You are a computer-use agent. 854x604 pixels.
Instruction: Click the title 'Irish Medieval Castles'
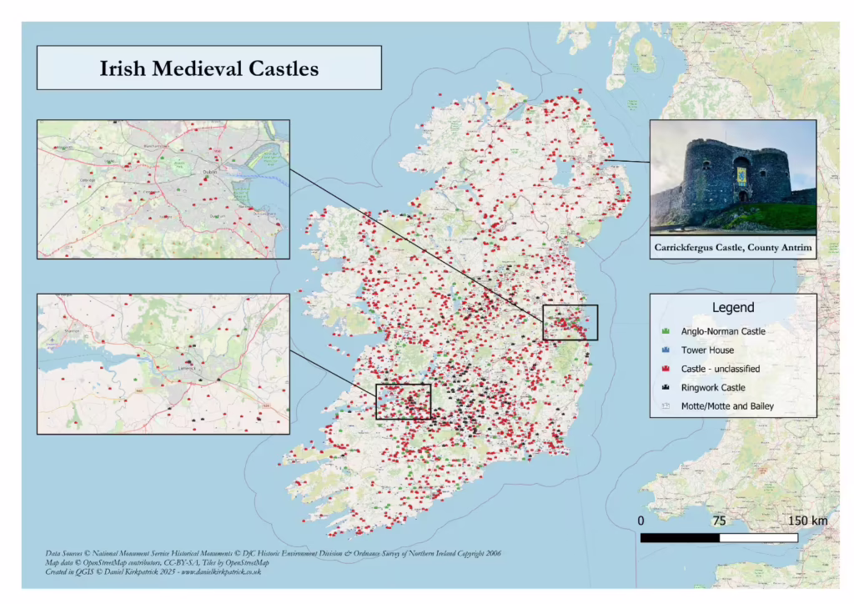(208, 68)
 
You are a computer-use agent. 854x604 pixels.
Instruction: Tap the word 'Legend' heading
(732, 307)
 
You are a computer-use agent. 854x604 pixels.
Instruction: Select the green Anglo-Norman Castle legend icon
(665, 331)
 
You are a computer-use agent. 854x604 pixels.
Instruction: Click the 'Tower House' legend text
(707, 350)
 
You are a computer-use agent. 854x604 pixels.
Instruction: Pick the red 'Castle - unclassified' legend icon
(665, 369)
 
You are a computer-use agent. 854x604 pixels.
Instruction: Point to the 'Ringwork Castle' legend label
(713, 387)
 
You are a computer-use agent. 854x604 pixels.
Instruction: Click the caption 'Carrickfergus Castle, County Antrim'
(732, 248)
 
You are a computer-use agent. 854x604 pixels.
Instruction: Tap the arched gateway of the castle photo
(742, 197)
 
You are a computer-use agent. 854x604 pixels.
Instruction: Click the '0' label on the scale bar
(640, 521)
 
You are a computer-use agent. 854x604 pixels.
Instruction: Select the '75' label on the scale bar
(719, 521)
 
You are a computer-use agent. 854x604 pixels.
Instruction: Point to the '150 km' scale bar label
(807, 521)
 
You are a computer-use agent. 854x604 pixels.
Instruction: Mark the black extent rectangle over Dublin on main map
(570, 322)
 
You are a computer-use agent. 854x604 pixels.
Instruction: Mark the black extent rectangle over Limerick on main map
(403, 401)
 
